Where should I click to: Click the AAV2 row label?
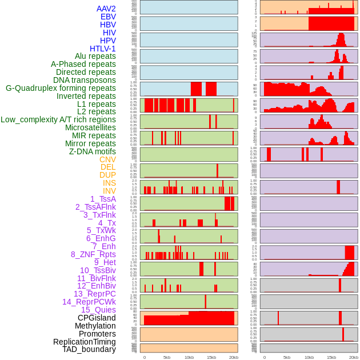(x=106, y=9)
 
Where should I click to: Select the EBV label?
(x=108, y=17)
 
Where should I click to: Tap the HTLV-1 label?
(x=102, y=49)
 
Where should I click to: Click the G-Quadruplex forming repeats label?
(x=61, y=88)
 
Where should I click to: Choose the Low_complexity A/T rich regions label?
(x=58, y=119)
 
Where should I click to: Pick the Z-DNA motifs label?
(x=92, y=151)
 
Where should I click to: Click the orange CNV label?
(x=107, y=159)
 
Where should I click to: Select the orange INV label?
(x=109, y=191)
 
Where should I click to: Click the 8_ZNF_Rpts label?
(x=93, y=254)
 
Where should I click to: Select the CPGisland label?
(x=97, y=318)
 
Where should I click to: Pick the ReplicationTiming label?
(x=84, y=342)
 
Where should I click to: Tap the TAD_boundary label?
(x=89, y=349)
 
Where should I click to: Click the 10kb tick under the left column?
(x=189, y=357)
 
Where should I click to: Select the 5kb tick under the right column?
(x=287, y=357)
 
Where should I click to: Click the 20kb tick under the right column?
(x=354, y=357)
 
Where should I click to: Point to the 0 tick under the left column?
(x=145, y=357)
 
